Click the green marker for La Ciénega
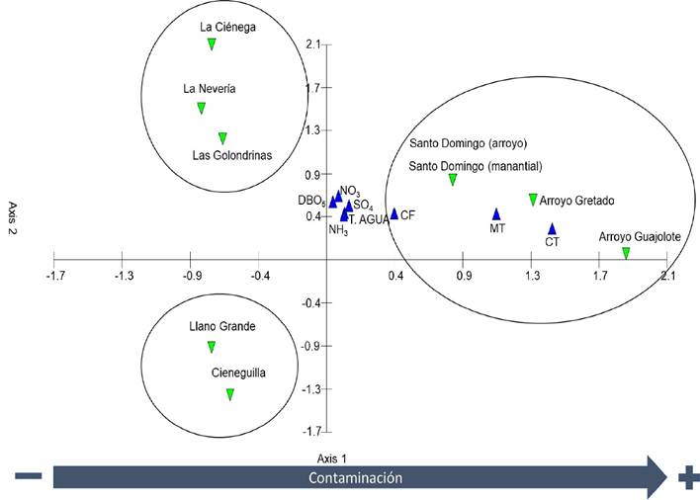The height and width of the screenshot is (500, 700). (x=212, y=43)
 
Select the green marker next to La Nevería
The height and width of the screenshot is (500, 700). (x=201, y=108)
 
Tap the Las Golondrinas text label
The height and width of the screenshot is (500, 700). (x=231, y=155)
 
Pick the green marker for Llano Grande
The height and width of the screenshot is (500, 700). (x=212, y=347)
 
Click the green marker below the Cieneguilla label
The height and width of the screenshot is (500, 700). (x=229, y=394)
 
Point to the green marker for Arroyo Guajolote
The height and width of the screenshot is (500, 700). (x=626, y=253)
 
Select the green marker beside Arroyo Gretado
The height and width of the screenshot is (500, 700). (x=533, y=200)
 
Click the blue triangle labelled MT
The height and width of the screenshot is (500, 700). (x=497, y=213)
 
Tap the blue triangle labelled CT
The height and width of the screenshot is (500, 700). (x=553, y=228)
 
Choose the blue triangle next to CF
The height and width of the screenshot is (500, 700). (x=394, y=213)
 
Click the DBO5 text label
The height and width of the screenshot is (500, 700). (x=312, y=201)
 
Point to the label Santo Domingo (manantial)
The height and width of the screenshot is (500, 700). (x=476, y=166)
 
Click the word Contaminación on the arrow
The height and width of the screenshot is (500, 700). (x=353, y=477)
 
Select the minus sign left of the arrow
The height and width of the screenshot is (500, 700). (x=28, y=477)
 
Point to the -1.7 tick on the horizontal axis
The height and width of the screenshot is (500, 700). (x=54, y=278)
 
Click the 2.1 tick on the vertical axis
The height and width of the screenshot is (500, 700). (x=313, y=44)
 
